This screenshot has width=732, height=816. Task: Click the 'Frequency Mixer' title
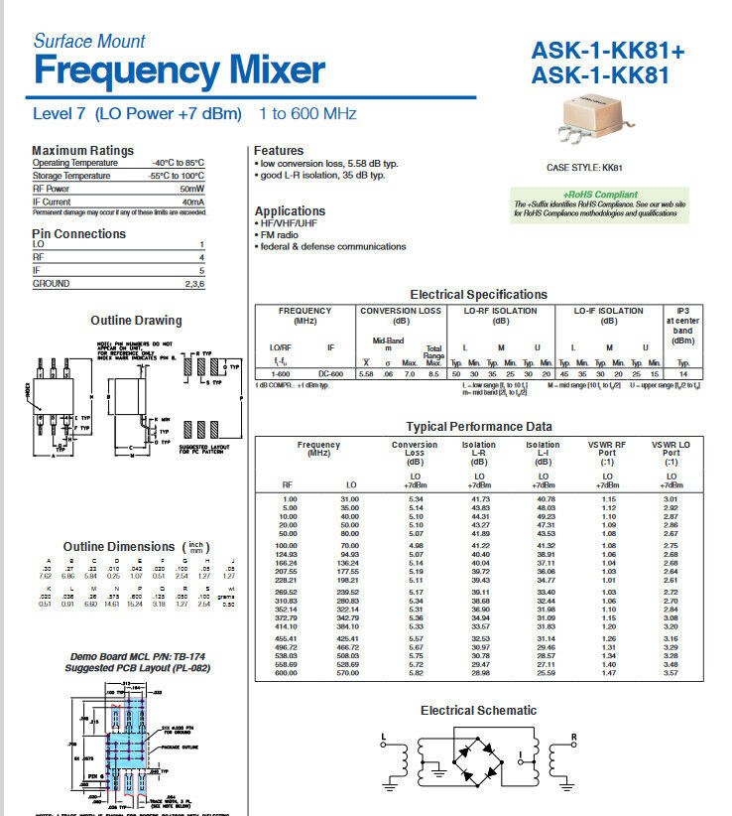[x=179, y=70]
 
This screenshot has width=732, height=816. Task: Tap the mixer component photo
[x=598, y=122]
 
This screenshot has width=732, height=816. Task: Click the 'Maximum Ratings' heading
[x=82, y=151]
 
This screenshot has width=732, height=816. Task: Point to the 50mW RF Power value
[x=191, y=189]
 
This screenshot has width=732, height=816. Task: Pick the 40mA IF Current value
[x=192, y=202]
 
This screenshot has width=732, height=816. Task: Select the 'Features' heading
[x=279, y=151]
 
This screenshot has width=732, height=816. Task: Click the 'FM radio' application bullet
[x=285, y=235]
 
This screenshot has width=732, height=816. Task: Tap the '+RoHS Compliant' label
[x=600, y=195]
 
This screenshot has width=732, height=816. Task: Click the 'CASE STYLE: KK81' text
[x=584, y=169]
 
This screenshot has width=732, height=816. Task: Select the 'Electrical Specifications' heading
[x=478, y=295]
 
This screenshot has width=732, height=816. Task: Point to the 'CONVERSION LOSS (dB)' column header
[x=401, y=316]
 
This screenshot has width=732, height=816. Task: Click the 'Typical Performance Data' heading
[x=479, y=427]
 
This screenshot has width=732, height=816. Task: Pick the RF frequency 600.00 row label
[x=289, y=673]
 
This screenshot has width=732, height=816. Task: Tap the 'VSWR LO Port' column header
[x=671, y=454]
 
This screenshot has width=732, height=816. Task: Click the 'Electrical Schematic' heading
[x=478, y=711]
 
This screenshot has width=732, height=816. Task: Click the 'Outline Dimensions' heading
[x=118, y=547]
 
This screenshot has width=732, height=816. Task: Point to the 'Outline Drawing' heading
[x=136, y=321]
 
